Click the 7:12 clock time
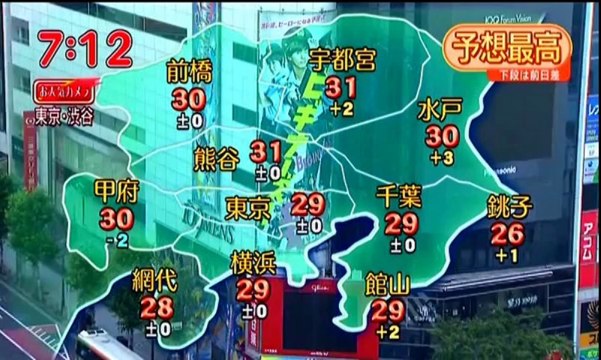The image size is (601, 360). click(85, 47)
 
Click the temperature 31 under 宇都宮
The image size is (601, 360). click(342, 88)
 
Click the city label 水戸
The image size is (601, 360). click(441, 108)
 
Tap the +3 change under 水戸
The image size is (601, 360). click(442, 158)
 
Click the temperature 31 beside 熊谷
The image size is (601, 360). click(266, 152)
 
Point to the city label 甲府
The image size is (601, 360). click(115, 191)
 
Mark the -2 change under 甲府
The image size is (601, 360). click(117, 240)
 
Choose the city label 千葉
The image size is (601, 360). click(402, 196)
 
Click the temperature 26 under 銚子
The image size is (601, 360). click(508, 234)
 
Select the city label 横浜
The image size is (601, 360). click(253, 263)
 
